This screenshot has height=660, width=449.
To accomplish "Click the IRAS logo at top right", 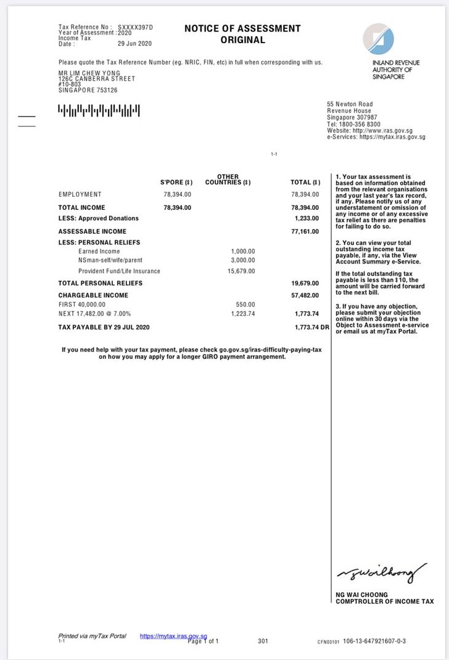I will tap(378, 39).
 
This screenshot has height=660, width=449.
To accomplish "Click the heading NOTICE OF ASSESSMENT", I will tap(242, 28).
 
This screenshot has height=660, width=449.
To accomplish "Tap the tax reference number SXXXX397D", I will tap(134, 28).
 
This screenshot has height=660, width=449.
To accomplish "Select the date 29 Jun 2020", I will tap(134, 44).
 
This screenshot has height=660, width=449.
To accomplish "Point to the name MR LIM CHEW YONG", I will tap(89, 73).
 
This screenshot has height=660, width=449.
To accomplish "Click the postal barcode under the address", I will tap(99, 111).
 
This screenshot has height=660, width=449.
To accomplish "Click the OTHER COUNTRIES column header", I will tap(228, 179).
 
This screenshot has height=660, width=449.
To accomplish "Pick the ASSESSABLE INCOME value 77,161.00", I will tap(305, 231).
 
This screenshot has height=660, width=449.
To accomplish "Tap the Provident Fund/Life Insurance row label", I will tap(119, 271).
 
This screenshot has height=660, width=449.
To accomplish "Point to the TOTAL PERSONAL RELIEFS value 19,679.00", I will tap(305, 283).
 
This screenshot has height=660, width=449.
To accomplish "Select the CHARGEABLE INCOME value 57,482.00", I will tap(305, 295).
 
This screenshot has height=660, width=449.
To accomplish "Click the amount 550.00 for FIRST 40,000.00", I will tap(245, 305).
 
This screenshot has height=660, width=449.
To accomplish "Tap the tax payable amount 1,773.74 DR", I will tap(312, 327).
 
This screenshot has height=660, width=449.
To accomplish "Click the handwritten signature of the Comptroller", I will tap(381, 572).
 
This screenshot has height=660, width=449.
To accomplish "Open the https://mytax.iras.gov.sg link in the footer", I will tap(173, 636).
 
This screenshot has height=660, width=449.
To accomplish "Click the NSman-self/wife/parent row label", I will tap(110, 261).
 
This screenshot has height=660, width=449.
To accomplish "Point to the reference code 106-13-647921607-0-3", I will tap(374, 641).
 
